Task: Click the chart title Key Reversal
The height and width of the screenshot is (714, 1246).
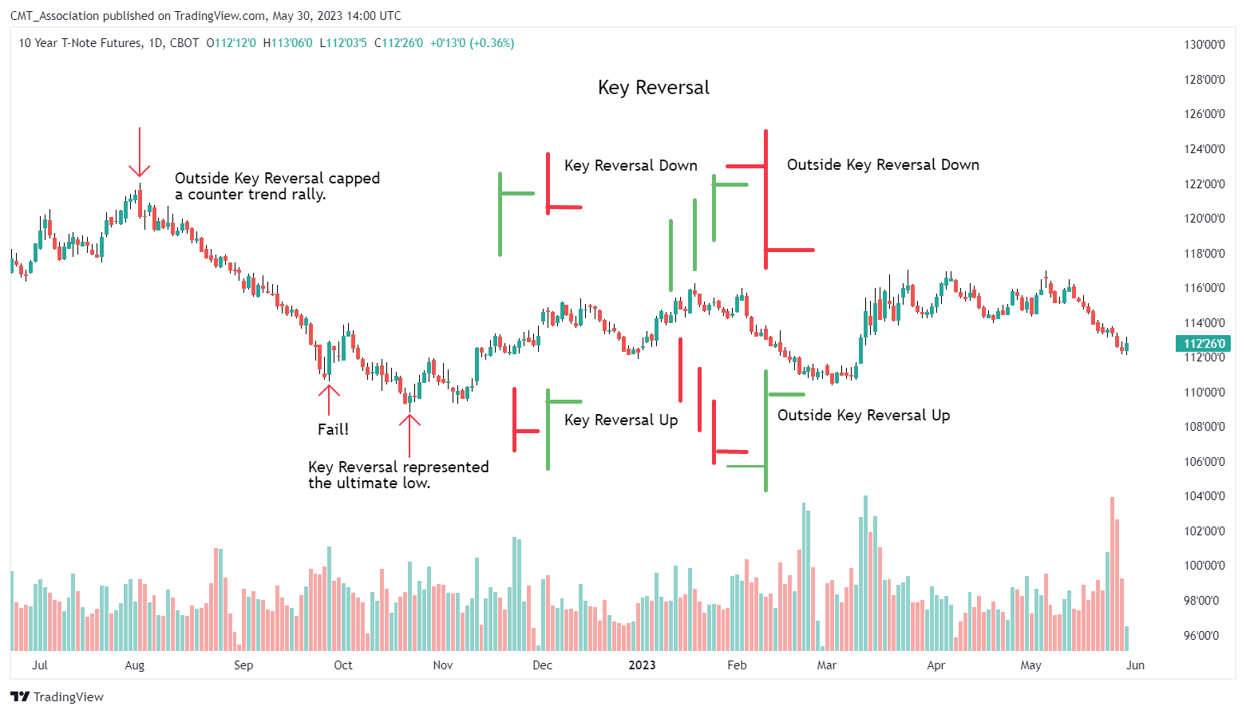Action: tap(653, 88)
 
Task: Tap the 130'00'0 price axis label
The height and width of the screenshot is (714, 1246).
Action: tap(1204, 45)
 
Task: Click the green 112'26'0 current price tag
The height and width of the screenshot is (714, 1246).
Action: tap(1204, 344)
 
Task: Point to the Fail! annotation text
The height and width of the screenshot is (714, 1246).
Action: tap(333, 429)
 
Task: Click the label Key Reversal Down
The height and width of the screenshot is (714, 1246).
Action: tap(631, 165)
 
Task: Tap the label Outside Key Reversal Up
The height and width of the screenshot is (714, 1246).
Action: tap(864, 415)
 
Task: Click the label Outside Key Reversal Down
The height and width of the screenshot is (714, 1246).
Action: tap(883, 164)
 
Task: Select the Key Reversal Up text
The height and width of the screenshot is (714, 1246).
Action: tap(621, 420)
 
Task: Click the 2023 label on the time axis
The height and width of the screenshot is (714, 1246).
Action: tap(642, 665)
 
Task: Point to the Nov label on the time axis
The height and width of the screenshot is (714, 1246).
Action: tap(442, 665)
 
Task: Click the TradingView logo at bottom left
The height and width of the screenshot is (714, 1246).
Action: tap(57, 696)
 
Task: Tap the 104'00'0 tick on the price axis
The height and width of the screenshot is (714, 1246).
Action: tap(1204, 496)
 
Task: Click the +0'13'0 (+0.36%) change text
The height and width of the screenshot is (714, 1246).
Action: tap(472, 43)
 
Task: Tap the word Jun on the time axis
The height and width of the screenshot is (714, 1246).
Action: tap(1135, 665)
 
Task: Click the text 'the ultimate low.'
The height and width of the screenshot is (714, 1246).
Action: tap(369, 483)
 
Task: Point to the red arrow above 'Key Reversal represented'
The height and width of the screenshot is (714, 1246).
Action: tap(409, 435)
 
